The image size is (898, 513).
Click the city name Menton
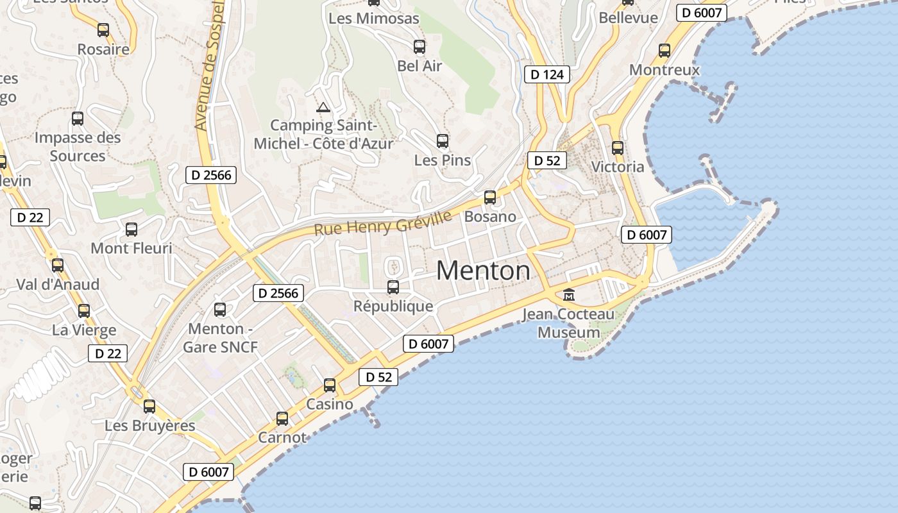tap(483, 271)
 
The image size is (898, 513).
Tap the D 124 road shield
tap(547, 74)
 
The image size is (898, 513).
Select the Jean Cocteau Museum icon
tap(569, 295)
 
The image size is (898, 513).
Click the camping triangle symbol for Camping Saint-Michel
tap(323, 107)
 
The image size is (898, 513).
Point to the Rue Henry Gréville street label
tap(383, 223)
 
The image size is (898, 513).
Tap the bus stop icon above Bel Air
tap(419, 46)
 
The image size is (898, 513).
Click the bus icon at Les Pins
tap(443, 141)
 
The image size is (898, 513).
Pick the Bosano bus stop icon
tap(490, 198)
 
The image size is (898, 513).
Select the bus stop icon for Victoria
tap(618, 148)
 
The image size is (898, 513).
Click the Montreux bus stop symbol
tap(665, 50)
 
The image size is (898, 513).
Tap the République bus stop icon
tap(393, 287)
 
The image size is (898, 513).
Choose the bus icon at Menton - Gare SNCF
tap(220, 310)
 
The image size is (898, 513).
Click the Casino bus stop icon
tap(330, 385)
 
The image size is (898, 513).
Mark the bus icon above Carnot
tap(282, 419)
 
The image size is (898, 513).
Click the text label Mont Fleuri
tap(131, 248)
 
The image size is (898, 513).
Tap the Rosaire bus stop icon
tap(103, 29)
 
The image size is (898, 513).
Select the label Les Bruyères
tap(150, 426)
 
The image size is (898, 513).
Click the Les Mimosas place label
tap(373, 19)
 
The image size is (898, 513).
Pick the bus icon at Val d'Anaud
tap(58, 265)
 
